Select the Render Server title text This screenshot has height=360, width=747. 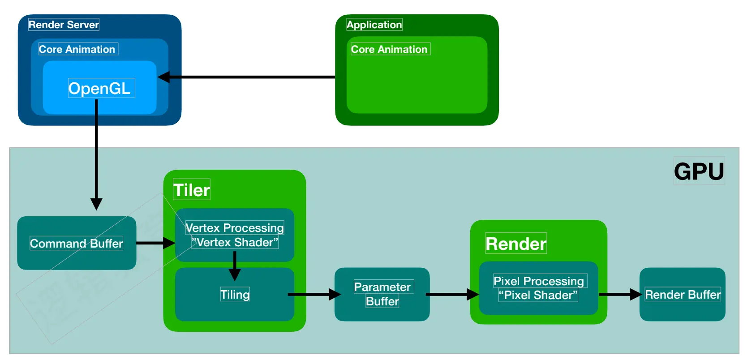tap(64, 25)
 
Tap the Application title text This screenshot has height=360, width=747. tap(374, 25)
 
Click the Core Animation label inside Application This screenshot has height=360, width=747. tap(389, 49)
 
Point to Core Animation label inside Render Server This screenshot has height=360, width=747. tap(77, 49)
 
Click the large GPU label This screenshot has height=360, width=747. tap(699, 171)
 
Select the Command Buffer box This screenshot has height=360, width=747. tap(77, 243)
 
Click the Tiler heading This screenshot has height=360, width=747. tap(192, 190)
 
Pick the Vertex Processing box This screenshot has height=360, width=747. tap(235, 235)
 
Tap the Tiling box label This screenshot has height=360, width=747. tap(235, 295)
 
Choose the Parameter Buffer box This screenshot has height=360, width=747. tap(382, 294)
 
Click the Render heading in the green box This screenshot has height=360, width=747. tap(516, 244)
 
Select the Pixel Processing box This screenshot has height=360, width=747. tap(539, 288)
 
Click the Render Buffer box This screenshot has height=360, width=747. tap(683, 294)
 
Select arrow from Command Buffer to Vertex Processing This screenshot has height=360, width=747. tap(155, 243)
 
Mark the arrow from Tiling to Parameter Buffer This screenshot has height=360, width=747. tap(313, 294)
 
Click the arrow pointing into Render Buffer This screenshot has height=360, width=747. tap(620, 294)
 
